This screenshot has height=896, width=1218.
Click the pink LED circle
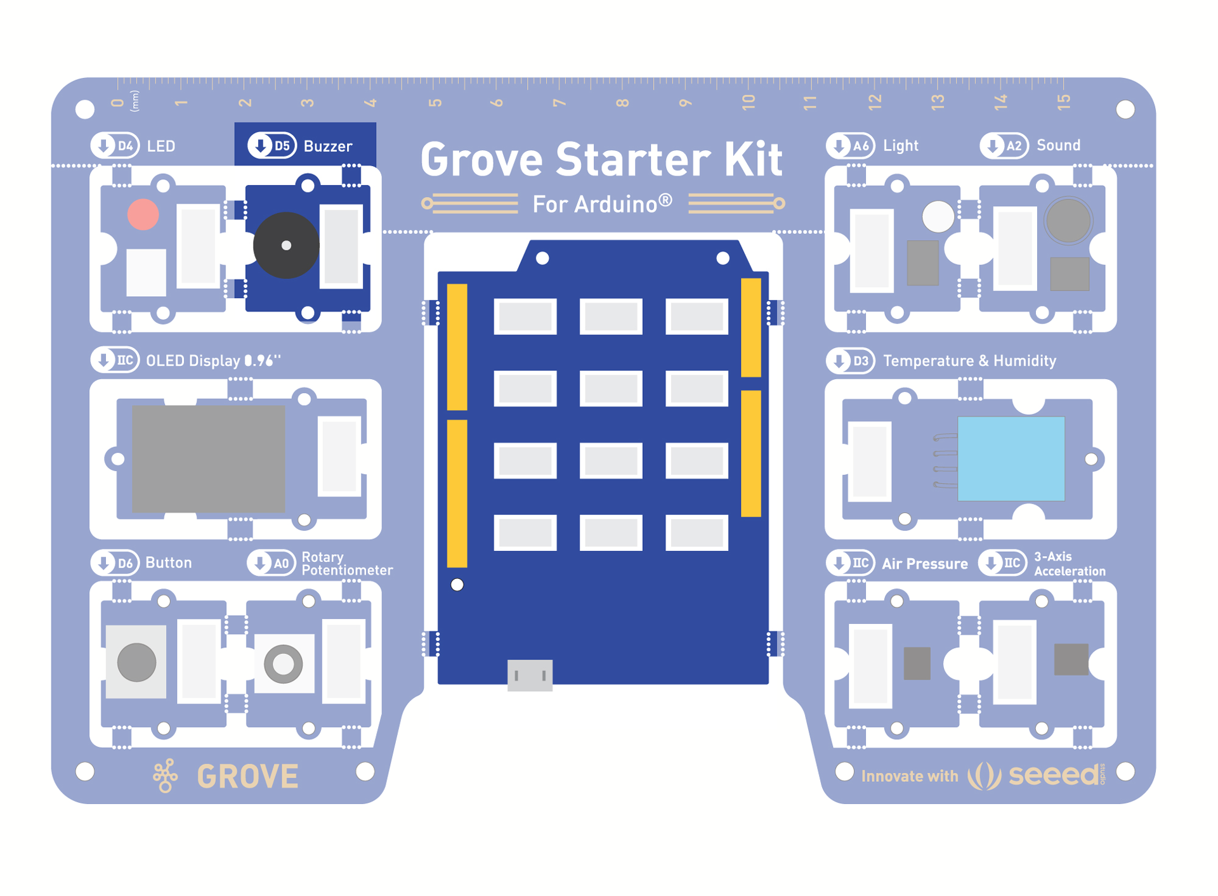[x=143, y=214]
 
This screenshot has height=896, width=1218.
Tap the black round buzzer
[x=286, y=245]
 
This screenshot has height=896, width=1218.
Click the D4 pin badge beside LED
[x=115, y=146]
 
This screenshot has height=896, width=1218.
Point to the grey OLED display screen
[x=208, y=458]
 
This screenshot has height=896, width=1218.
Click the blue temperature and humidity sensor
[x=1011, y=458]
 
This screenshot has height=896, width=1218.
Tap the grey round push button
[x=136, y=663]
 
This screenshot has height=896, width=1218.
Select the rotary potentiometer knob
[x=283, y=664]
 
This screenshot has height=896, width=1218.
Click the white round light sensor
[x=937, y=216]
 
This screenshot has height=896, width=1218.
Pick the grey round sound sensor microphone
[x=1068, y=221]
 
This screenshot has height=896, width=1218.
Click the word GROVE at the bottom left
[x=247, y=776]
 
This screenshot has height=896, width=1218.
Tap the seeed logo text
[x=1054, y=775]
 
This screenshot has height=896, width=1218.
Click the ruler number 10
[x=749, y=102]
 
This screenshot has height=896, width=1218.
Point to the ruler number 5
[x=435, y=103]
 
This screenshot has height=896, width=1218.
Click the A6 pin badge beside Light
[x=851, y=146]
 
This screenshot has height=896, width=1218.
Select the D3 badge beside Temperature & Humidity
[x=851, y=361]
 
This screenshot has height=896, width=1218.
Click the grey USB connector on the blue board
[x=530, y=675]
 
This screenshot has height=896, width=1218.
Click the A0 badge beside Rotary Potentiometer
[x=272, y=563]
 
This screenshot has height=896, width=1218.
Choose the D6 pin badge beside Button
[x=115, y=563]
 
